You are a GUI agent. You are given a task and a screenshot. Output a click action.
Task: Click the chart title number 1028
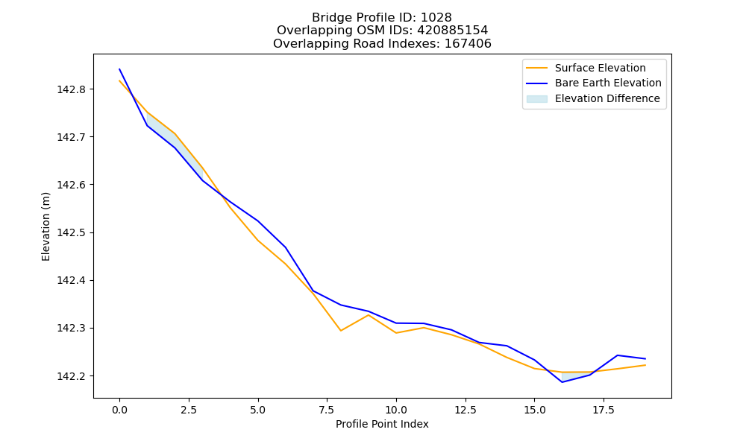coord(436,18)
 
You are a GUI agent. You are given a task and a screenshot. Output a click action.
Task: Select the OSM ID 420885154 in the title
coord(453,31)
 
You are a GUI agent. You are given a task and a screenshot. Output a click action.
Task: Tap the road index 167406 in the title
coord(468,44)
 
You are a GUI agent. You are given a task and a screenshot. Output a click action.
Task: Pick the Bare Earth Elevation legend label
coord(608,83)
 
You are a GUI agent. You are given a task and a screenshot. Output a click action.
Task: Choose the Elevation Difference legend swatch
coord(536,99)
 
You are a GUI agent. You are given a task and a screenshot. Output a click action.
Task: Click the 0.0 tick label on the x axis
coord(119,410)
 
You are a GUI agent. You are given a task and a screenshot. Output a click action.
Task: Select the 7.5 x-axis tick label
coord(327,410)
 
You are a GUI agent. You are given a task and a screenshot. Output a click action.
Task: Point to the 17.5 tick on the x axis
coord(604,410)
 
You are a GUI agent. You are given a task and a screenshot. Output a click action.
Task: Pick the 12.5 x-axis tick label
coord(466,410)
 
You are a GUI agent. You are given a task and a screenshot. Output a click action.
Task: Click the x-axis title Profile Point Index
coord(382,424)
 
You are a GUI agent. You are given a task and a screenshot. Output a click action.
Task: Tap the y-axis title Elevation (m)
coord(46,226)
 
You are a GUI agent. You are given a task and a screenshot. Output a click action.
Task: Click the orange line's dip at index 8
coord(341,331)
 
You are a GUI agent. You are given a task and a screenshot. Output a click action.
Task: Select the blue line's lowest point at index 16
coord(562,382)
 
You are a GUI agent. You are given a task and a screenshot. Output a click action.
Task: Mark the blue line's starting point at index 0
coord(119,69)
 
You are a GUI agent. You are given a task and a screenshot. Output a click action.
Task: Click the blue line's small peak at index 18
coord(618,355)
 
